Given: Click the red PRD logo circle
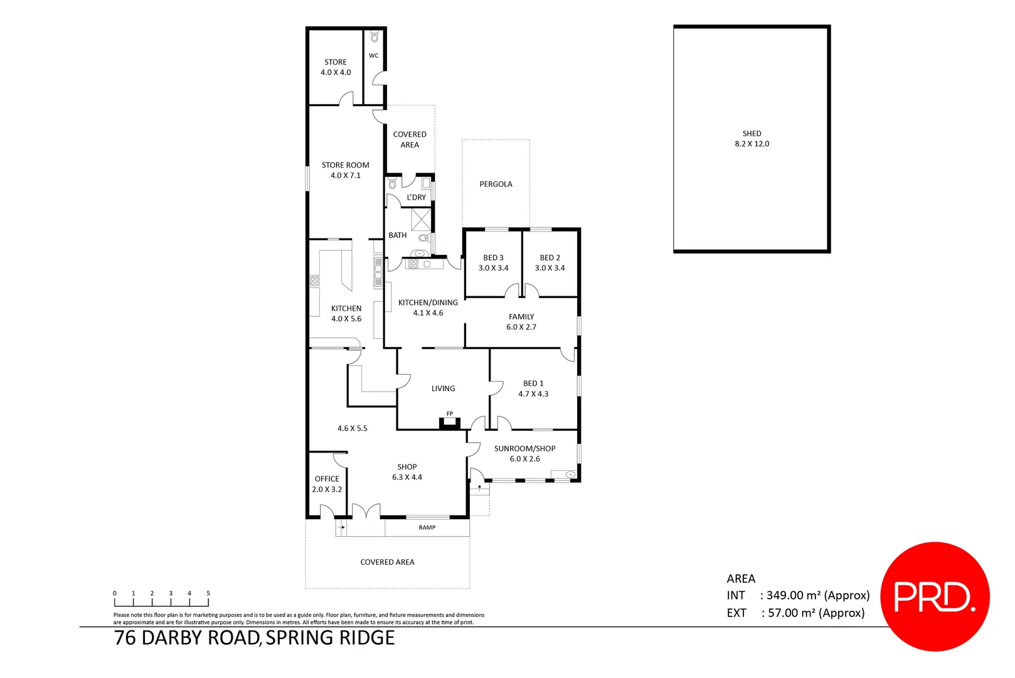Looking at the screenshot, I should click(x=935, y=596).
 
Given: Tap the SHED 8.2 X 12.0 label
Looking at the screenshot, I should click(x=752, y=139).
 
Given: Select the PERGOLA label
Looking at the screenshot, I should click(x=496, y=184).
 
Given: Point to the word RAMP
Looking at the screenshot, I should click(x=427, y=527).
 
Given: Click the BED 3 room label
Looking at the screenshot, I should click(x=493, y=262).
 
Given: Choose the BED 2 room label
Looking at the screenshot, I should click(x=550, y=262).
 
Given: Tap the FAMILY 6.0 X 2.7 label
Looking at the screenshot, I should click(x=521, y=321).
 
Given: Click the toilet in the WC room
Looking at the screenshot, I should click(x=375, y=38).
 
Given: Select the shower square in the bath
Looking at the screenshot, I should click(x=421, y=219).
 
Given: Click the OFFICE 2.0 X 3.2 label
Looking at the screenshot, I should click(x=327, y=484).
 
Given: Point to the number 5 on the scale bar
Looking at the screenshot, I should click(x=208, y=593).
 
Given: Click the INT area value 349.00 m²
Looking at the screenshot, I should click(x=817, y=595).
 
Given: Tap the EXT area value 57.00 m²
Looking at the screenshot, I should click(x=816, y=613).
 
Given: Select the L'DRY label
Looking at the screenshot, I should click(x=416, y=197).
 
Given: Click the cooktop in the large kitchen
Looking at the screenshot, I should click(x=315, y=281).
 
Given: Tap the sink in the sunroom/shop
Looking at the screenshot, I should click(x=570, y=475).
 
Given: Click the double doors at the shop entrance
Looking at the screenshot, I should click(x=366, y=512).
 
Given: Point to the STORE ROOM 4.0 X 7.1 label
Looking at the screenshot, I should click(x=346, y=170).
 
